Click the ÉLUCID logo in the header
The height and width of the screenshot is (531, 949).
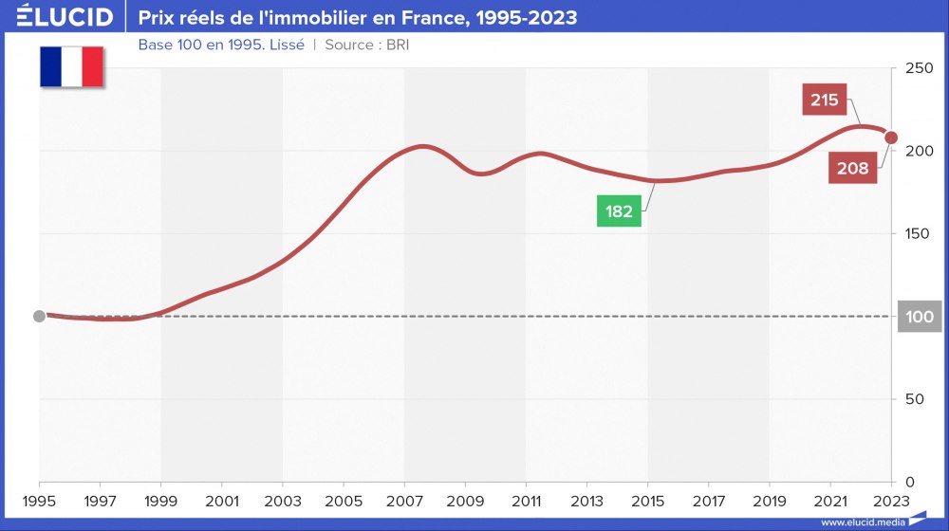(65, 17)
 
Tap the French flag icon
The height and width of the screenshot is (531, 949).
(71, 66)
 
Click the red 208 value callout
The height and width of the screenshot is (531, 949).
(852, 169)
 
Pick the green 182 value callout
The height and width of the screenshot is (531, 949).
(619, 211)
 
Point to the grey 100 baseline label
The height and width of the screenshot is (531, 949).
(920, 317)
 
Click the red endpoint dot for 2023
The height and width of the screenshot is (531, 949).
(891, 137)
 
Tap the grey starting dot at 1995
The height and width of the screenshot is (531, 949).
(39, 316)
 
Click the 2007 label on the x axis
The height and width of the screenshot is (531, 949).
(404, 500)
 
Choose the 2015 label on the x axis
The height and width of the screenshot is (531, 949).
(648, 500)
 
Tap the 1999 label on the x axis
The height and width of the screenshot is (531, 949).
(161, 500)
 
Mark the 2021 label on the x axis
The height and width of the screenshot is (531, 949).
(830, 500)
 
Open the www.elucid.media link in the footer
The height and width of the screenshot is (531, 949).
(863, 522)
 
